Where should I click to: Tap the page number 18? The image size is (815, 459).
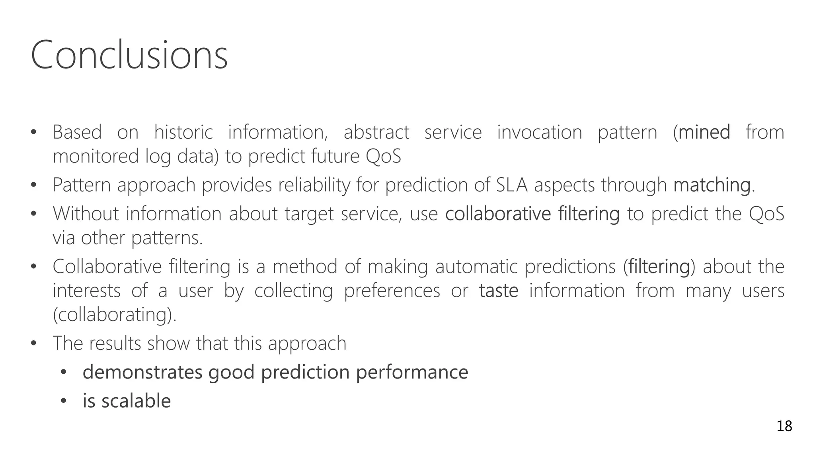784,426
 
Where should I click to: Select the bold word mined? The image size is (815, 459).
704,132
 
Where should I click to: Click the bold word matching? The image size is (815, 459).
712,185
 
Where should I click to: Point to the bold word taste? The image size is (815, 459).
499,290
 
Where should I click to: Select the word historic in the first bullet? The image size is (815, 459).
183,132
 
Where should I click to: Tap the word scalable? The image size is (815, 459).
136,401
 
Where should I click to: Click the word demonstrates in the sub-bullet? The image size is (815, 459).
142,372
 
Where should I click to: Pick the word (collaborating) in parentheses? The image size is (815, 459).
114,315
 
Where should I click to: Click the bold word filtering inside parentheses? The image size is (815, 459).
659,267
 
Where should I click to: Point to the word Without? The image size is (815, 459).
86,214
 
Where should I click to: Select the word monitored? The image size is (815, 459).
96,156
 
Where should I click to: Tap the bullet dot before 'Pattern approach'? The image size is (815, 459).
33,185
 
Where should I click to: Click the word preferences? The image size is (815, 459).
392,290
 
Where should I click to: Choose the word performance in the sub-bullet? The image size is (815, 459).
412,372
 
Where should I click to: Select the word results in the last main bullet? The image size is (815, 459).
115,343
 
